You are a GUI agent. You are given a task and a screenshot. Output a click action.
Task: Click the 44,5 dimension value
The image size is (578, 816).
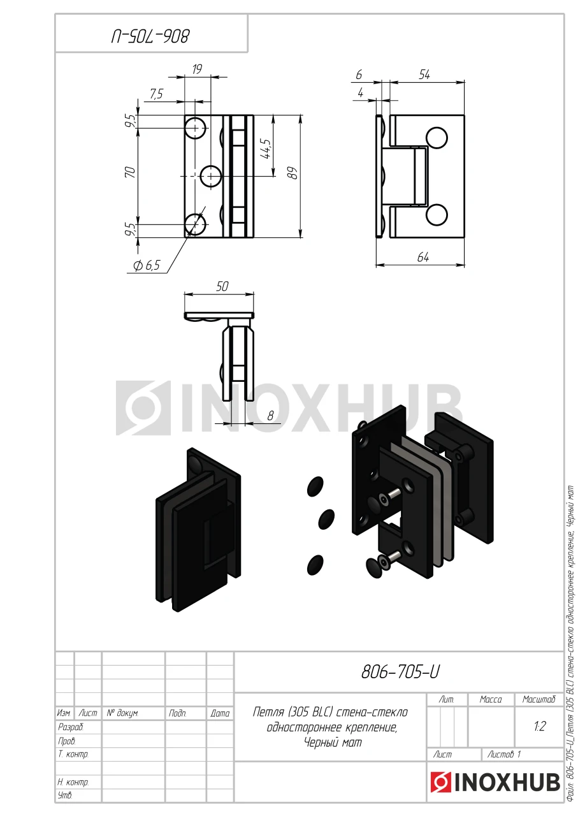click(x=266, y=149)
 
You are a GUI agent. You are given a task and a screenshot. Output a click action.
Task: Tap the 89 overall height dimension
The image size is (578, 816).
click(x=293, y=173)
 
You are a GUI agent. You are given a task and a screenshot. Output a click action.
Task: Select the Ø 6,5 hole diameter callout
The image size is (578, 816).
click(x=147, y=265)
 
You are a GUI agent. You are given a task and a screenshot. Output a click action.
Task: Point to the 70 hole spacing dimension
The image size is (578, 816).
click(x=131, y=172)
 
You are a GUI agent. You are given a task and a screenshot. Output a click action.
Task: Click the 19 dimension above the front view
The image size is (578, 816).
click(x=197, y=69)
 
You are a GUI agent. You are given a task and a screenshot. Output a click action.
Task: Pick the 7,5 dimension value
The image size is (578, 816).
click(x=156, y=94)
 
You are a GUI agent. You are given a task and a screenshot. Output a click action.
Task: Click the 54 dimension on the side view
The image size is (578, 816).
click(x=424, y=75)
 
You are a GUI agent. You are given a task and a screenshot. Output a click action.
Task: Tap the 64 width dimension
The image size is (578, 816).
click(x=423, y=257)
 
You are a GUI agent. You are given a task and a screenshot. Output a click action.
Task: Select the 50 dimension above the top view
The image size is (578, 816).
click(x=222, y=286)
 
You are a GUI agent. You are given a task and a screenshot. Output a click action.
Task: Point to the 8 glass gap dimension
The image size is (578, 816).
click(x=270, y=416)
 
